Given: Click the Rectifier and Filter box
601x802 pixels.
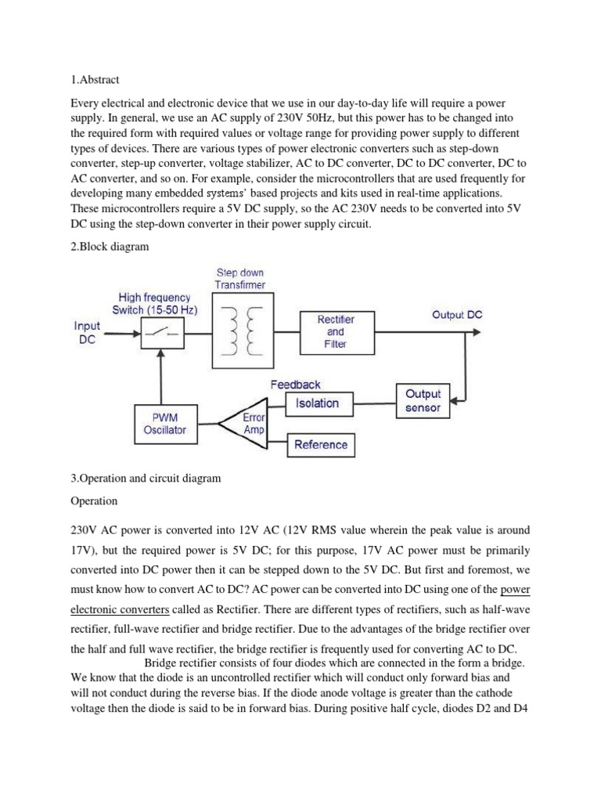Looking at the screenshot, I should point(335,331).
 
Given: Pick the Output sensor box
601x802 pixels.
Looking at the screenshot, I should point(423,400).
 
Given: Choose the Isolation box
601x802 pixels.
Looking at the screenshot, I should point(317,403).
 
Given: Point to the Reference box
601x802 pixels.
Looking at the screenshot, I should point(320,445).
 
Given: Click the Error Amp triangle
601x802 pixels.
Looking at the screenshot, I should point(245,424).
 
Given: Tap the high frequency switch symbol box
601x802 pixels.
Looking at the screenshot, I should point(161,334).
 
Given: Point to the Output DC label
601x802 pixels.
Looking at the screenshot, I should point(457,315).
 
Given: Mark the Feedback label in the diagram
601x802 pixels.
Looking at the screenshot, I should point(295,384).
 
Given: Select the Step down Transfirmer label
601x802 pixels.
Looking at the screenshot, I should point(240,278).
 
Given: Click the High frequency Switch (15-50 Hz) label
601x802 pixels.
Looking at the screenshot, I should point(157,303).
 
